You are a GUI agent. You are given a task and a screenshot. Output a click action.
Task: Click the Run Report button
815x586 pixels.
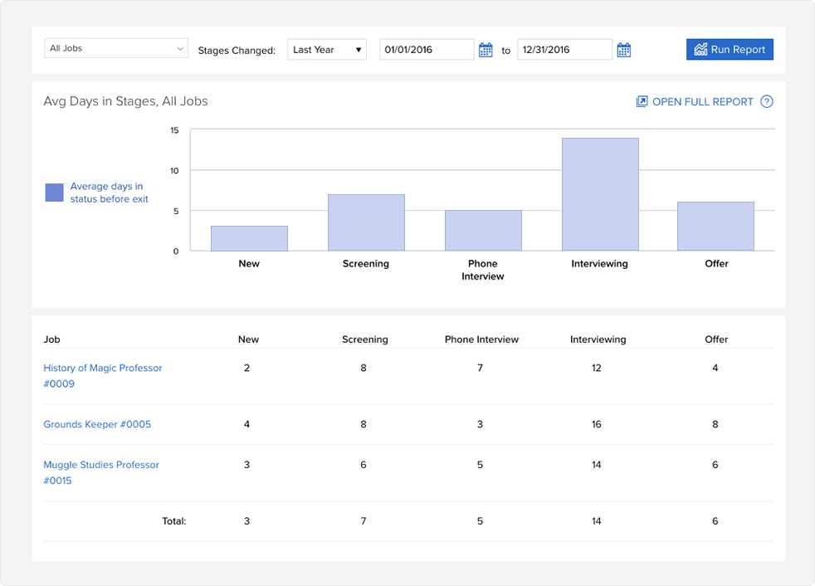tap(730, 50)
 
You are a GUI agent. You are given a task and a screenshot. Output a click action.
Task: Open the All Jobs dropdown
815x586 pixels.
tap(116, 49)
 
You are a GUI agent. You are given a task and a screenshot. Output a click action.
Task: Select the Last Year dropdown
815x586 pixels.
tap(327, 50)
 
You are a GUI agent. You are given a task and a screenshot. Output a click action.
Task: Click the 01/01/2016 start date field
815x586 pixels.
tap(427, 50)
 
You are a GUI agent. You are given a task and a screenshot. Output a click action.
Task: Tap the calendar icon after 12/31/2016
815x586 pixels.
tap(624, 51)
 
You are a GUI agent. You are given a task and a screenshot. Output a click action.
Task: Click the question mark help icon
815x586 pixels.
tap(767, 102)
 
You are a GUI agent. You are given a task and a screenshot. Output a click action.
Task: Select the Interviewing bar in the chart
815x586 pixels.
tap(600, 194)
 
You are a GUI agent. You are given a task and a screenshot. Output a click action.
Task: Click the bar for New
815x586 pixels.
tap(249, 238)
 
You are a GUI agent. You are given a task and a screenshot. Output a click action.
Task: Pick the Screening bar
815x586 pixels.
tap(366, 222)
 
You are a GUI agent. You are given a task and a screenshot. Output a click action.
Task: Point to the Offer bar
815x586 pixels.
tap(715, 227)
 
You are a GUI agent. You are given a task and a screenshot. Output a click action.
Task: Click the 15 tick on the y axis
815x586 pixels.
tap(174, 130)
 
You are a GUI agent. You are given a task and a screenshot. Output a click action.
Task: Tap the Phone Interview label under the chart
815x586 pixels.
tap(483, 270)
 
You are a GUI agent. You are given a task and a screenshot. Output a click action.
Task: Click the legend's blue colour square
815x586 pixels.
tap(54, 193)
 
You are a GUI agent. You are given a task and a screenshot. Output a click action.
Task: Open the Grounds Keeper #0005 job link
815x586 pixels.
tap(97, 424)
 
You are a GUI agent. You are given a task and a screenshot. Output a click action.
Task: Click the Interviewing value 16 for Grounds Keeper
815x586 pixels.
tap(597, 424)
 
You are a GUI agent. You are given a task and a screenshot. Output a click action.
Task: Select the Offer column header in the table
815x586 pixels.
tap(716, 339)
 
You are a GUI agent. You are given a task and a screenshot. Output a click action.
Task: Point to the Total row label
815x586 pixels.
tap(174, 521)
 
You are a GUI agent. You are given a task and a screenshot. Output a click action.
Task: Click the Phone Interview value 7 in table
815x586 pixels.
tap(480, 368)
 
